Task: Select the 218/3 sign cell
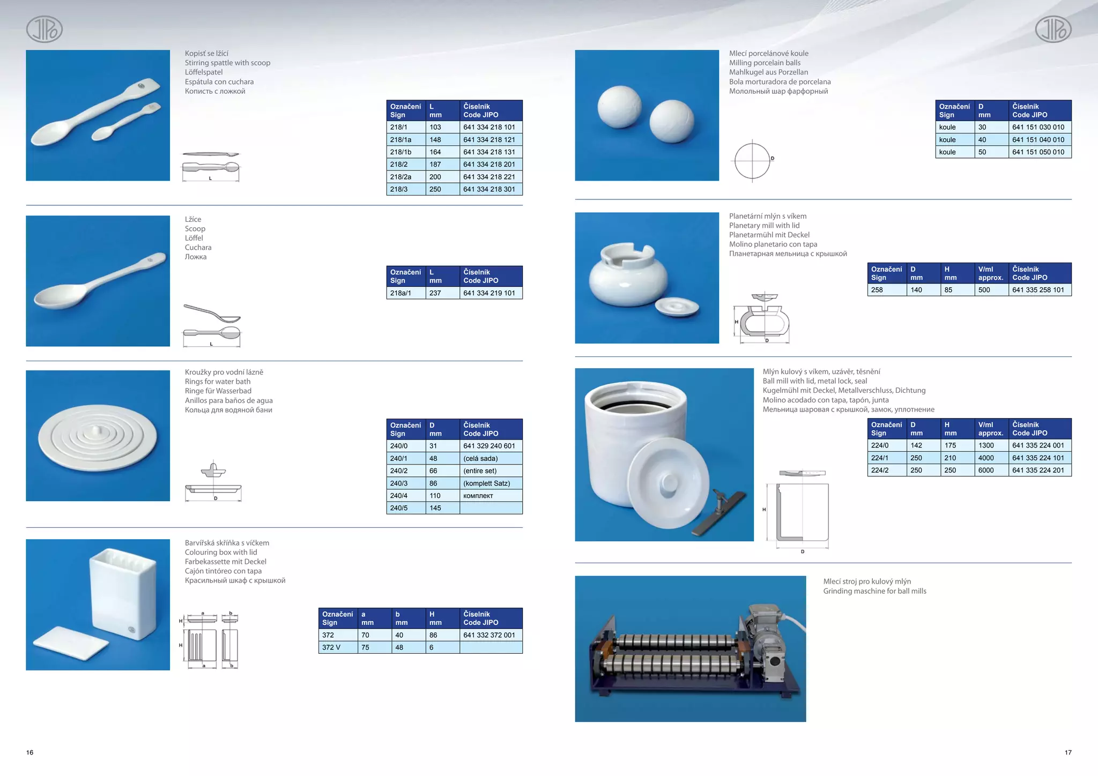(x=405, y=189)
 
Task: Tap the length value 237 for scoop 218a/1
(x=442, y=293)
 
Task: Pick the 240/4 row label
(x=405, y=496)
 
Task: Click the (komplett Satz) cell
(x=490, y=483)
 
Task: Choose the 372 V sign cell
(x=337, y=647)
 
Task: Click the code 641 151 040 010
(x=1039, y=140)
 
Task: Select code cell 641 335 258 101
(x=1039, y=290)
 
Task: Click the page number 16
(x=30, y=752)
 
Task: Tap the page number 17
(x=1068, y=752)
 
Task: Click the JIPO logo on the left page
(x=44, y=29)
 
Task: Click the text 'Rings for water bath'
(x=218, y=382)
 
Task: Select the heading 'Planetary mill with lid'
(x=764, y=226)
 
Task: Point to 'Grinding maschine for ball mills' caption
(x=874, y=591)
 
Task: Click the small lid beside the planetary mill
(x=677, y=307)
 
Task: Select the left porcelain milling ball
(x=619, y=107)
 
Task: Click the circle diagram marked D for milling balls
(x=752, y=160)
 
